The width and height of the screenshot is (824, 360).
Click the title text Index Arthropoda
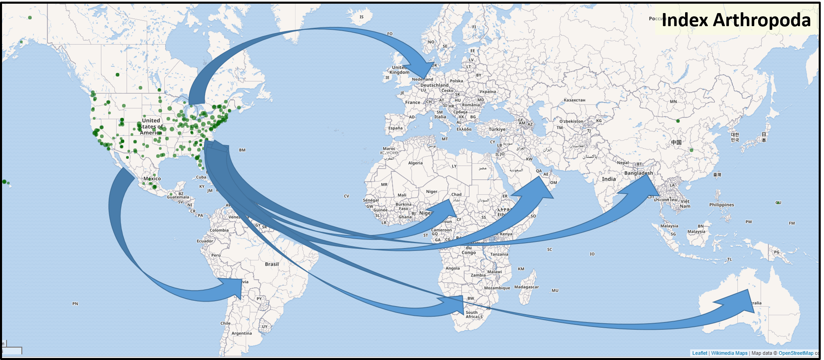(736, 20)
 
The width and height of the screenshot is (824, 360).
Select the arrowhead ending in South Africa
(456, 304)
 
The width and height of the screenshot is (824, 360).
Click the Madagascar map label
(526, 287)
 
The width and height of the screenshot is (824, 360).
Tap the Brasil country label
(272, 264)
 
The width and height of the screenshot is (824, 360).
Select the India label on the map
(608, 179)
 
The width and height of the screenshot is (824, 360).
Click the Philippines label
(721, 205)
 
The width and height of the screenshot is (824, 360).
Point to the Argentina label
(241, 333)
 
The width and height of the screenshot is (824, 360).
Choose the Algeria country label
(415, 163)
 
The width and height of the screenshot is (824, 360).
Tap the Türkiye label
(497, 129)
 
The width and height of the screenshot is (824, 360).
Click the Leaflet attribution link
(699, 353)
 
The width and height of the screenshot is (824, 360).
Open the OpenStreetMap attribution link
(795, 353)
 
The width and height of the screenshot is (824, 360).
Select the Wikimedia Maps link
(729, 353)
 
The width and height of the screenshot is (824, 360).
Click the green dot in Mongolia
(678, 121)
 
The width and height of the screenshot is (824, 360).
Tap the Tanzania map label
(499, 254)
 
